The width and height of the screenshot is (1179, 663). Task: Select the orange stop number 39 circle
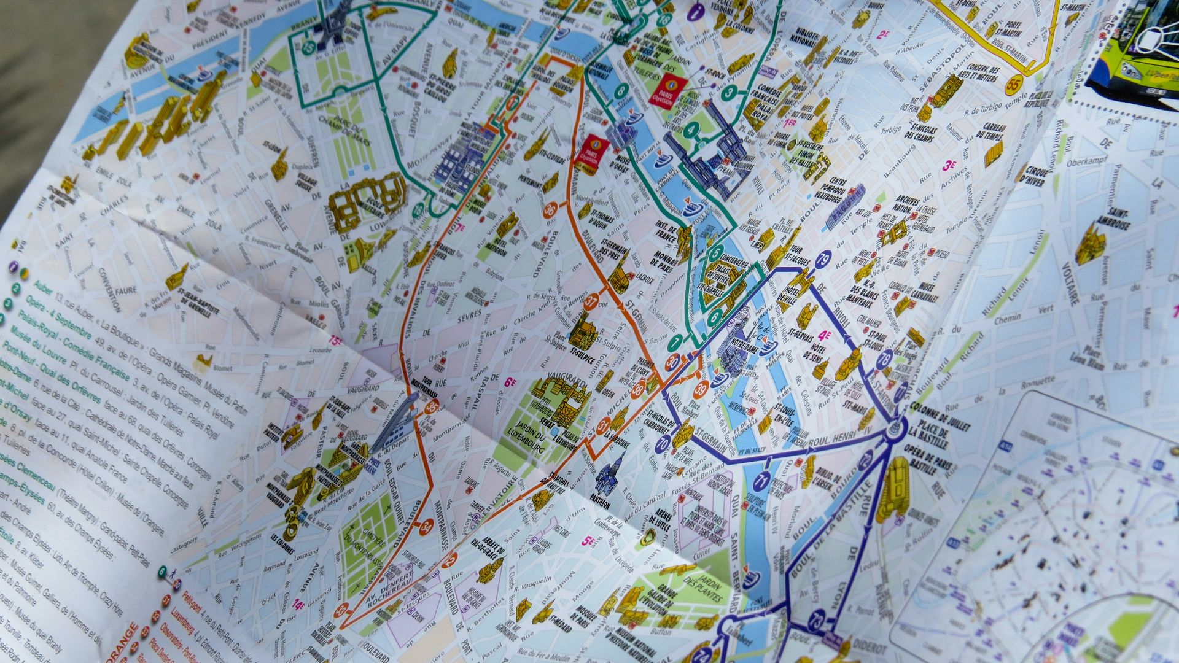tap(701, 388)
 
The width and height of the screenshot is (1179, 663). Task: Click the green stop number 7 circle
tap(675, 342)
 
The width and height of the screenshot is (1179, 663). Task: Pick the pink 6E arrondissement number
tap(510, 382)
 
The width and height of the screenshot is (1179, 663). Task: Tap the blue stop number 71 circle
tap(763, 480)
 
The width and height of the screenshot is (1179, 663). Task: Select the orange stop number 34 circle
tap(427, 525)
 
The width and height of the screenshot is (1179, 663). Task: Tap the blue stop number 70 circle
tap(663, 445)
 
